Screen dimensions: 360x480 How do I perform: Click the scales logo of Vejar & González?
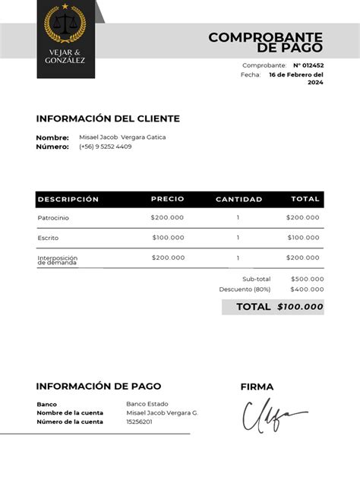[65, 27]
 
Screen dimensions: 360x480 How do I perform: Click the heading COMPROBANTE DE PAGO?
[266, 43]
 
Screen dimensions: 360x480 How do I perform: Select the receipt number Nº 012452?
[308, 65]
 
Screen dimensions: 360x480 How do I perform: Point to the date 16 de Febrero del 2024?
[296, 78]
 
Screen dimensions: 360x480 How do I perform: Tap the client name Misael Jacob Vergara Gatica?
[122, 137]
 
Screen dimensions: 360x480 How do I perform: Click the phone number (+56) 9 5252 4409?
[105, 147]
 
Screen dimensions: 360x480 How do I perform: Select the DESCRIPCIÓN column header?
[68, 199]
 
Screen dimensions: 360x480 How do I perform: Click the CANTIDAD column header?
[238, 199]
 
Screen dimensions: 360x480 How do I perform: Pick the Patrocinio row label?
[53, 218]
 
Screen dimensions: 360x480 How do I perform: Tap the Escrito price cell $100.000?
[168, 238]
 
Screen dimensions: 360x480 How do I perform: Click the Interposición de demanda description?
[58, 260]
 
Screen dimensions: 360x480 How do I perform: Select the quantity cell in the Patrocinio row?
[238, 218]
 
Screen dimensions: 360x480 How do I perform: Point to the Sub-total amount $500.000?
[307, 279]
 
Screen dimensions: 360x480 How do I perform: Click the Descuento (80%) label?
[245, 289]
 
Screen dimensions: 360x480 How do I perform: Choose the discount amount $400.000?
[307, 289]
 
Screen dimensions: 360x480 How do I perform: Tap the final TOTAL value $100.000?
[300, 307]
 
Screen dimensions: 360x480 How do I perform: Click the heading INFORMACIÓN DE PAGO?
[99, 386]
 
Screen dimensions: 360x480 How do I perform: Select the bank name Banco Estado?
[147, 403]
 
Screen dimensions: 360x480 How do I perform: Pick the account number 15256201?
[139, 422]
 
